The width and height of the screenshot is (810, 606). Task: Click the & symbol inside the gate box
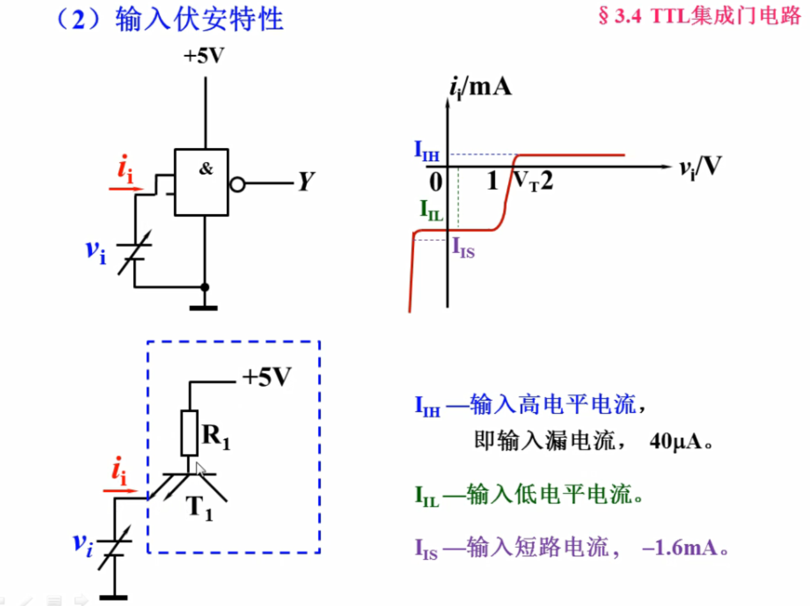[x=206, y=169]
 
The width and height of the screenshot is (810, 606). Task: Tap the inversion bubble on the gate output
[x=237, y=185]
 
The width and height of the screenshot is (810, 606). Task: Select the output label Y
[x=306, y=182]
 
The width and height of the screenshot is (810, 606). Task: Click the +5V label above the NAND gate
[x=204, y=56]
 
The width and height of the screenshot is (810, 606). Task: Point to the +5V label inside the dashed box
[x=267, y=377]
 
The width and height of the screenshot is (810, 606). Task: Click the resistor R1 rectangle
[x=189, y=433]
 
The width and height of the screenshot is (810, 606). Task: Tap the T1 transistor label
[x=199, y=508]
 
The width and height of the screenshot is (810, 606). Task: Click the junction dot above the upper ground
[x=205, y=287]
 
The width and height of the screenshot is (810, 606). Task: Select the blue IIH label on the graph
[x=426, y=151]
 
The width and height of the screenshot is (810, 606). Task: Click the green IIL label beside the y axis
[x=431, y=210]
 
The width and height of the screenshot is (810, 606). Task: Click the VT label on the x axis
[x=526, y=181]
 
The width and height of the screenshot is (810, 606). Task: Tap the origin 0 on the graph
[x=435, y=182]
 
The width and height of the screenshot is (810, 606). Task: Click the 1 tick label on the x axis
[x=492, y=181]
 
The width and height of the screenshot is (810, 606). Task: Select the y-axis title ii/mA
[x=480, y=87]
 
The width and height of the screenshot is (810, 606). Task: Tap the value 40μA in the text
[x=675, y=441]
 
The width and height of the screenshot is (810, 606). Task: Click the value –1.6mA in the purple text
[x=680, y=548]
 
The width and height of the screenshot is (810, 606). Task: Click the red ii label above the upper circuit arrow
[x=125, y=170]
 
